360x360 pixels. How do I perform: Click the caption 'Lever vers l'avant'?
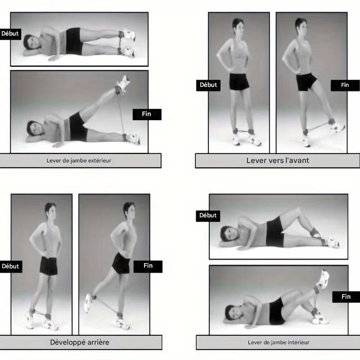point(277,161)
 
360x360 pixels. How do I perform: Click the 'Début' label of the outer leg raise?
point(10,34)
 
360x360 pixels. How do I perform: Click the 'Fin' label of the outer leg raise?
point(147,114)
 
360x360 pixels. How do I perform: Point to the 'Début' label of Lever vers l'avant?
point(208,85)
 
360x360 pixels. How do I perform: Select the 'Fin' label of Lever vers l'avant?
point(345,85)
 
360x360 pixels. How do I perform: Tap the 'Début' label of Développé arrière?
point(10,266)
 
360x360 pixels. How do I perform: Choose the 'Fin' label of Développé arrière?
point(148,266)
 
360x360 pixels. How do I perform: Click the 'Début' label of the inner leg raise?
point(208,216)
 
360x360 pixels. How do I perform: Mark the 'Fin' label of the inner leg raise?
point(346,297)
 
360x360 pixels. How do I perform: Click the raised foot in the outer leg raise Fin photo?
point(122,84)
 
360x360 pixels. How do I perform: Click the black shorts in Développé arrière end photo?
point(121,264)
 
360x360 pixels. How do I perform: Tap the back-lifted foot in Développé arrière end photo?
point(89,303)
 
